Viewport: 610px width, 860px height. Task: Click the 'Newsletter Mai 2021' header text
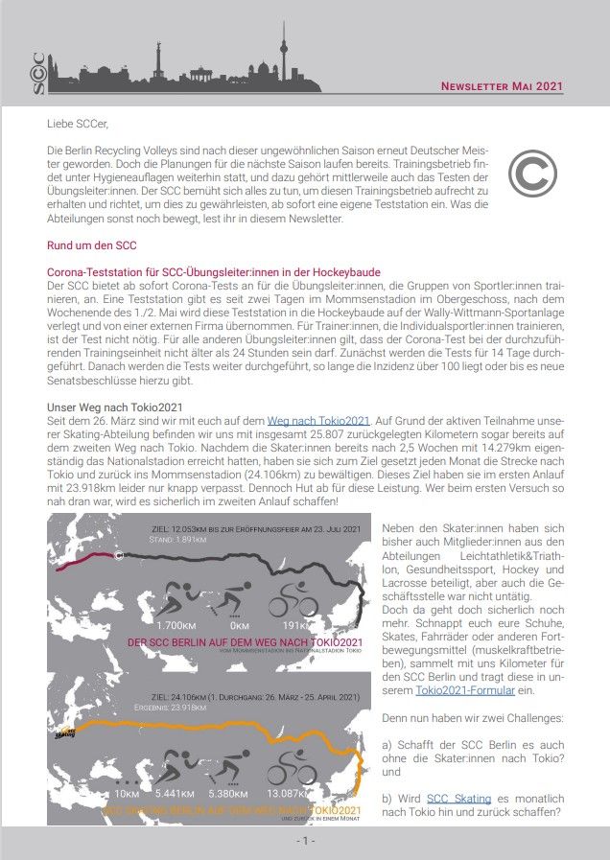point(501,86)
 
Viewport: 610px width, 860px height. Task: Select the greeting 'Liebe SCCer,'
point(78,124)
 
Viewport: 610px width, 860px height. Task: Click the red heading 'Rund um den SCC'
point(91,245)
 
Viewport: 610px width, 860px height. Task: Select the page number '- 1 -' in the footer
point(304,841)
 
